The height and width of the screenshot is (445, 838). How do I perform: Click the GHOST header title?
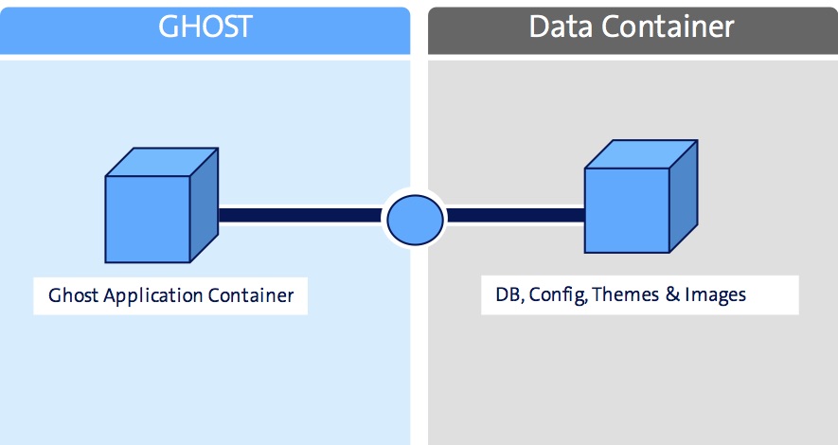click(x=205, y=26)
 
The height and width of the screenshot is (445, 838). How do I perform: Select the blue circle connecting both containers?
click(x=413, y=217)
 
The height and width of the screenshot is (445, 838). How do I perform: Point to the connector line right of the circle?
click(x=515, y=216)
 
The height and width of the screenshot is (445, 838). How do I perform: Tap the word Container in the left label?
click(x=254, y=295)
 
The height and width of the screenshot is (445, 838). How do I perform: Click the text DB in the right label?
click(x=508, y=295)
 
